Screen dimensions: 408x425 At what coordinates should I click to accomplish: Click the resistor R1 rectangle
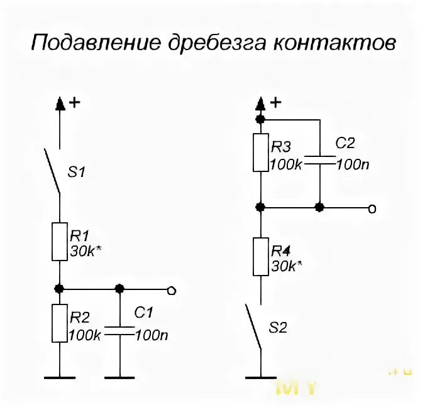pos(60,241)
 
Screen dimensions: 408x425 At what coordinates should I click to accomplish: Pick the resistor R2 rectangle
pos(60,323)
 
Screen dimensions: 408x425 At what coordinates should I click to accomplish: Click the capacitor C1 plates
pos(120,331)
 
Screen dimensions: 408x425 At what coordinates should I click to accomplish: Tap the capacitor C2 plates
pos(320,160)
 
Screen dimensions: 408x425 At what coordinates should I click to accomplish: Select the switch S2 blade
pos(253,326)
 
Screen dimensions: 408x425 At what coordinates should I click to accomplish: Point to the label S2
pos(279,328)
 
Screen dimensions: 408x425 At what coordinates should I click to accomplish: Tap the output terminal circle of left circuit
pos(170,290)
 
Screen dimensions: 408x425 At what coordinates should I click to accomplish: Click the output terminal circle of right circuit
pos(372,207)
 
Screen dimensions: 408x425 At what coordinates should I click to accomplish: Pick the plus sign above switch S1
pos(74,102)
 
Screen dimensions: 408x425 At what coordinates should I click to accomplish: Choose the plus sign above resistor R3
pos(275,102)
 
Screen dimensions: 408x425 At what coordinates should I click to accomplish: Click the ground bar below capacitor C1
pos(120,377)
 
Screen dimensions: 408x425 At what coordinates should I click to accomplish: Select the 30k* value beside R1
pos(86,251)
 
